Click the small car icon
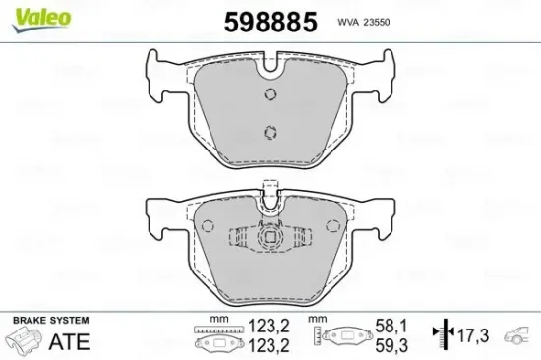click(x=517, y=338)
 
